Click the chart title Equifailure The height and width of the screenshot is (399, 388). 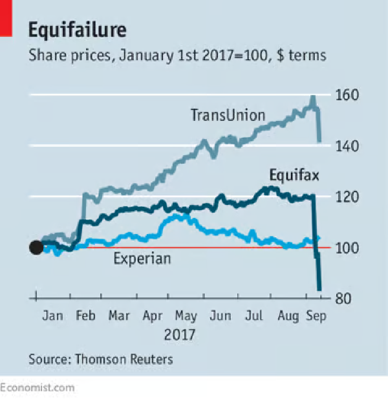pyautogui.click(x=77, y=30)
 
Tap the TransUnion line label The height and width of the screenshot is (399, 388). pyautogui.click(x=228, y=115)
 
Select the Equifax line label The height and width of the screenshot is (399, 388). pyautogui.click(x=294, y=175)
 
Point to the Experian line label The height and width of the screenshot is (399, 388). pyautogui.click(x=142, y=258)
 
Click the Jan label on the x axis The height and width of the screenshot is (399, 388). pyautogui.click(x=53, y=315)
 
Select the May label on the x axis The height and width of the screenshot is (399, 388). pyautogui.click(x=186, y=316)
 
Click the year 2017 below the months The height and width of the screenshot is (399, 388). pyautogui.click(x=179, y=335)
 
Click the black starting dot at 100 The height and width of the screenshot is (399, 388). pyautogui.click(x=36, y=247)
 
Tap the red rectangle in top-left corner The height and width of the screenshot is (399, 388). pyautogui.click(x=6, y=18)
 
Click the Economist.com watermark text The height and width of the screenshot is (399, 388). pyautogui.click(x=37, y=388)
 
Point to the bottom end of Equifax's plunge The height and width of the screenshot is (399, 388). pyautogui.click(x=319, y=289)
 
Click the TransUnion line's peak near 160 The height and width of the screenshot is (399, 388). pyautogui.click(x=312, y=97)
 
